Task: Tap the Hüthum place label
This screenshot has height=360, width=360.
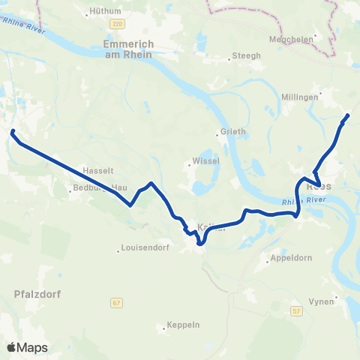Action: point(105,11)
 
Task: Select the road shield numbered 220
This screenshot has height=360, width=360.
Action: point(116,24)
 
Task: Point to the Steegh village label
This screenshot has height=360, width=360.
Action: point(248,55)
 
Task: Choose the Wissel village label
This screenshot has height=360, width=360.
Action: point(203,160)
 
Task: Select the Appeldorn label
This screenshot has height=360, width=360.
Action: point(288,262)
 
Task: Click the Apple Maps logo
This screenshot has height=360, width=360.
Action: point(28,347)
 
